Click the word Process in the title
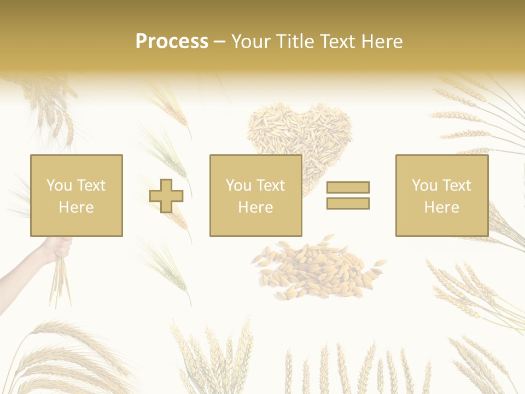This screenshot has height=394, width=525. point(172,42)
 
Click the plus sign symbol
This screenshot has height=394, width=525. point(166,196)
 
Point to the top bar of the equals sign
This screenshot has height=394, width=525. point(348,187)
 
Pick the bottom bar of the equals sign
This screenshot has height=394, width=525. point(348,203)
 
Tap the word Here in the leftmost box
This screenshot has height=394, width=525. point(76,207)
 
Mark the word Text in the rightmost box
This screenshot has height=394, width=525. point(456,186)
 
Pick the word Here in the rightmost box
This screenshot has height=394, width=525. point(441,207)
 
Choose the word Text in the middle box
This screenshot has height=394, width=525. point(270,186)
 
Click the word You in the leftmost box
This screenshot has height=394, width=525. point(59,186)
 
